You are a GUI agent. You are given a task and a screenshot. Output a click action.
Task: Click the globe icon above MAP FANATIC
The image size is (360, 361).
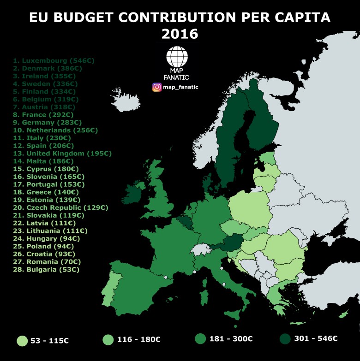pos(177,57)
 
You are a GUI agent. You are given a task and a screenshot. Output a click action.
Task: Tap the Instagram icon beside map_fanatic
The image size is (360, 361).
pos(157,87)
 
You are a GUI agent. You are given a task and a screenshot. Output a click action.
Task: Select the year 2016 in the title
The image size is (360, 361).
pos(180,34)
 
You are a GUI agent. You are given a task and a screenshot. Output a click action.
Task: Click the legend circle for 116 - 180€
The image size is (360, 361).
pos(108,339)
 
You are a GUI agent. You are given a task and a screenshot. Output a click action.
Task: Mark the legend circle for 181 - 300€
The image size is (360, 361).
pos(200,339)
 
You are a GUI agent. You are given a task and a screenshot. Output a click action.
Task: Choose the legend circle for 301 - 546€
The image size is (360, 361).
pos(285,338)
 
